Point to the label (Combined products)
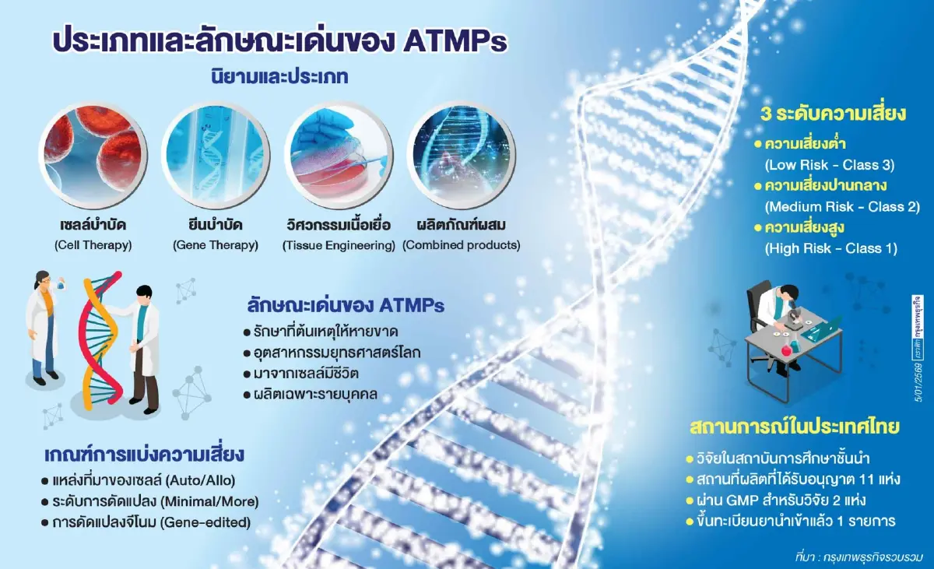coord(461,246)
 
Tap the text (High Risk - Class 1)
coord(831,249)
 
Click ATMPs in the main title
coord(455,40)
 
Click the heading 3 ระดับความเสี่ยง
coord(834,114)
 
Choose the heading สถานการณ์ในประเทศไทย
coord(795,427)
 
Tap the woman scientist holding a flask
coord(43,319)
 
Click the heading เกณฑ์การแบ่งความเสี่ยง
coord(146,453)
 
